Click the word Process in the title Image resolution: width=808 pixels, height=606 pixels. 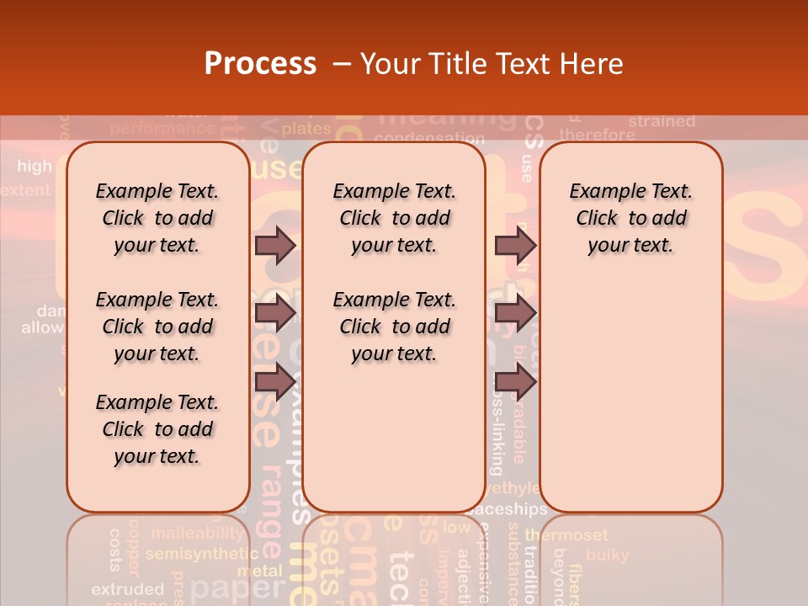[260, 64]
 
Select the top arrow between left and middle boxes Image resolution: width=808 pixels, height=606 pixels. [275, 245]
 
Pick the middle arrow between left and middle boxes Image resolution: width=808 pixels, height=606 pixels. [275, 313]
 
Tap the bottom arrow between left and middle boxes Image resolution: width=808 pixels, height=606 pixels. [275, 381]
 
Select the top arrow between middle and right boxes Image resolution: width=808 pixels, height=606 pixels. [515, 245]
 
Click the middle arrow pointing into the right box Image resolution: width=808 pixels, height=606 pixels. [515, 313]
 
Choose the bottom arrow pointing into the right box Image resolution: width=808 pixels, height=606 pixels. [515, 381]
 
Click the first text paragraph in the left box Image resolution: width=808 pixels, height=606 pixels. [157, 218]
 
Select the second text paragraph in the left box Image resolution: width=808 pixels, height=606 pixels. [157, 327]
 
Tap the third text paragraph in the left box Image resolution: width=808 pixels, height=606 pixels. [157, 429]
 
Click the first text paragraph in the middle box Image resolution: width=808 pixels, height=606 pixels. [394, 218]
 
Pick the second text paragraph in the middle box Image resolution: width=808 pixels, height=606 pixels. [394, 327]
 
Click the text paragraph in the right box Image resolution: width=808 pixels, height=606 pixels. [630, 218]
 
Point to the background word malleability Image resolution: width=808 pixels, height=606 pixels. [197, 534]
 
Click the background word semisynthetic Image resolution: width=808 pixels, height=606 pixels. [201, 554]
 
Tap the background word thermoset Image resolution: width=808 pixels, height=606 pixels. [566, 535]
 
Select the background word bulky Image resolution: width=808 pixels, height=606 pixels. [607, 555]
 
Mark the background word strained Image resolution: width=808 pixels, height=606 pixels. [662, 121]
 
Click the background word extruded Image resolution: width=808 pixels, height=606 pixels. [127, 588]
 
